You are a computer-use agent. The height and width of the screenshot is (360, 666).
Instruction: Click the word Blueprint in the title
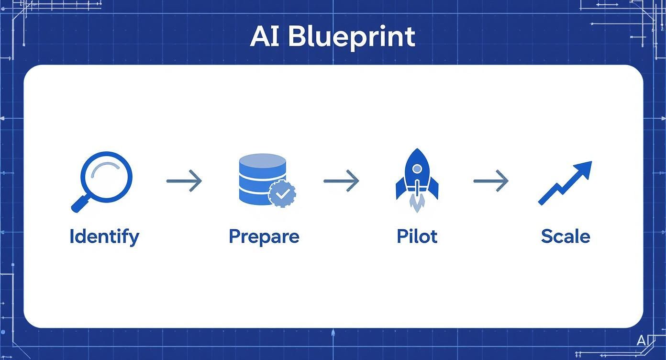[352, 37]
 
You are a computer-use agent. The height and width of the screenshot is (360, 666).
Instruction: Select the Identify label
[104, 236]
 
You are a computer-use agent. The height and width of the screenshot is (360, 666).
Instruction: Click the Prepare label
[264, 236]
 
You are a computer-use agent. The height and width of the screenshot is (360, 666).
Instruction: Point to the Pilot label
[417, 236]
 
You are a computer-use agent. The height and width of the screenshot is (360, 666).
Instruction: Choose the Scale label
[566, 236]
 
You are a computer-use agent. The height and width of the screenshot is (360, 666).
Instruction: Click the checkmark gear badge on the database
[282, 193]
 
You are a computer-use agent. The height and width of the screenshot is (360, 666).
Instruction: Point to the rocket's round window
[417, 169]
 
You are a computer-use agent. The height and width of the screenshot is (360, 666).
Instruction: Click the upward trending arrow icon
[565, 182]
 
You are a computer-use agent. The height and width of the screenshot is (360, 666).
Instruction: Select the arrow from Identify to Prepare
[184, 181]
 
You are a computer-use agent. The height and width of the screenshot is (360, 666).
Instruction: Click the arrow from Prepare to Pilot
[341, 181]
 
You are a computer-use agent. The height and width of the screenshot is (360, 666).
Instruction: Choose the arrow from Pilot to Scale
[491, 181]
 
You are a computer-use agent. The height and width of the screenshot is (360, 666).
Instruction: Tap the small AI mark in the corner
[642, 340]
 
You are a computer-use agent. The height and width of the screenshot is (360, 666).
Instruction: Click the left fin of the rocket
[401, 190]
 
